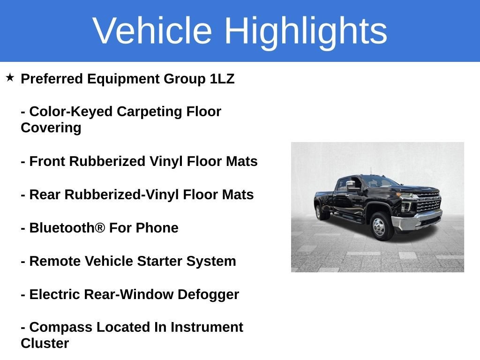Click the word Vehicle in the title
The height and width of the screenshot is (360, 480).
[x=152, y=30]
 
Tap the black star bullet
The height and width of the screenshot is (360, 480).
[x=10, y=77]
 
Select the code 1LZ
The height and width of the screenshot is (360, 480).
[x=222, y=79]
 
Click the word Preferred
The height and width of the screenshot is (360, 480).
[x=52, y=79]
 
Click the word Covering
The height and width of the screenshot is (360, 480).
[x=51, y=127]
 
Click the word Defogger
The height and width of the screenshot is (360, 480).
[x=208, y=294]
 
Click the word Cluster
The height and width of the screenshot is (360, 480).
[x=45, y=343]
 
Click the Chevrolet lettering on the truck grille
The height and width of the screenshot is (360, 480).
[x=429, y=199]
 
